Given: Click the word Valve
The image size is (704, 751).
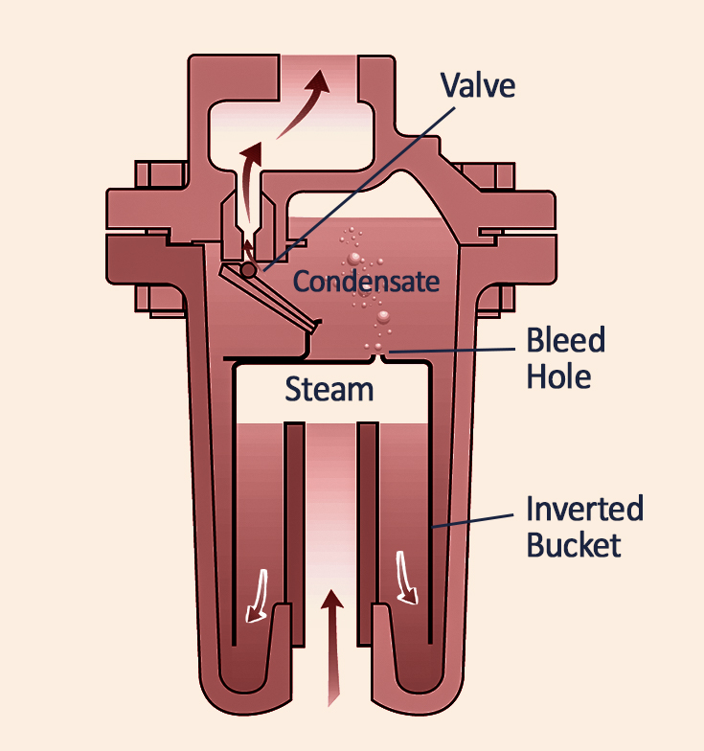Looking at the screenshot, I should tap(477, 85).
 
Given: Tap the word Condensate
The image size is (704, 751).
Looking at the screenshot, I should tap(366, 282).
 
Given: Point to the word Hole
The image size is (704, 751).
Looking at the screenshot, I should tap(558, 375).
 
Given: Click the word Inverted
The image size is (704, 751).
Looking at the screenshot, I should tap(585, 509).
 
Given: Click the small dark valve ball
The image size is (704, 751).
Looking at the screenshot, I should tap(249, 271).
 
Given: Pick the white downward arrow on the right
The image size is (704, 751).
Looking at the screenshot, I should tap(407, 580).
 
